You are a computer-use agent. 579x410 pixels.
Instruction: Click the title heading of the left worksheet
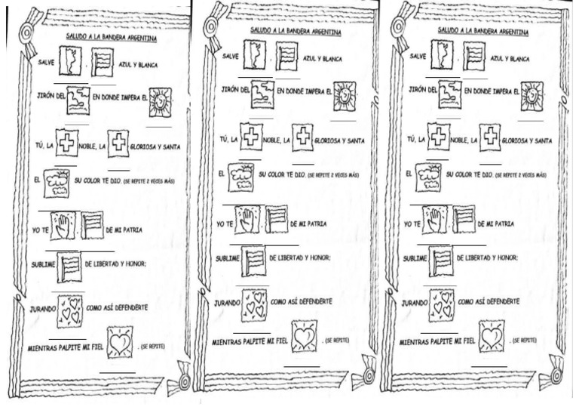pos(102,35)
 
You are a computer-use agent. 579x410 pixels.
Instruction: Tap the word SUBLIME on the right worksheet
pos(416,258)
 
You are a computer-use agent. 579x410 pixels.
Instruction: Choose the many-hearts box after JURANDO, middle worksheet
pos(254,305)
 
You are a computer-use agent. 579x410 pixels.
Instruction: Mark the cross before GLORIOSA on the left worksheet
pos(118,143)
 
